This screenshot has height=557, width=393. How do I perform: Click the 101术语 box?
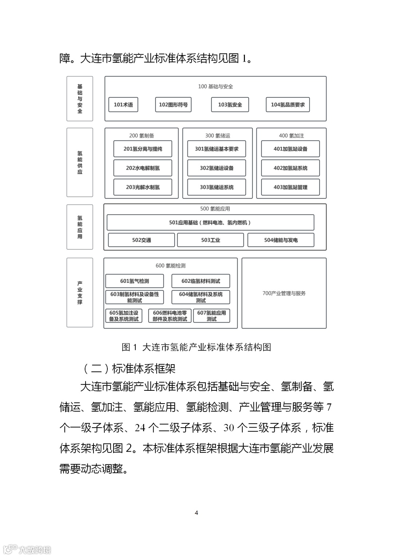pos(123,105)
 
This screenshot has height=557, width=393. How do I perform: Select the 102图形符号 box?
pos(173,105)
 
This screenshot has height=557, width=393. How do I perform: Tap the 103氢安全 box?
pos(230,105)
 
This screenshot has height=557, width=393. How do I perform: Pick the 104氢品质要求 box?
pos(287,105)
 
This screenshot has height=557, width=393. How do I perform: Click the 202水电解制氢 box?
pos(143,168)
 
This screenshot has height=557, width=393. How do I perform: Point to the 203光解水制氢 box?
pos(143,187)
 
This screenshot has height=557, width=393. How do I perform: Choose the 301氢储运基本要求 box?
pos(217,149)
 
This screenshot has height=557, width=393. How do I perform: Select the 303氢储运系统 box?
pos(217,187)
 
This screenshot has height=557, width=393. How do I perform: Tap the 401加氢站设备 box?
pos(290,149)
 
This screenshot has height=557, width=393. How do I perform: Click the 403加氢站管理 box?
pos(290,187)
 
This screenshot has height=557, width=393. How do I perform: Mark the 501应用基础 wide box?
pos(210,222)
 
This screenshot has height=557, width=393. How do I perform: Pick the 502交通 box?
pos(142,240)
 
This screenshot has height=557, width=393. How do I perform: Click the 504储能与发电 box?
pos(281,240)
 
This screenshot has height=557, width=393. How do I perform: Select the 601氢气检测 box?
pos(135,281)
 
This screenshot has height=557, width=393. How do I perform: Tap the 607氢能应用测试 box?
pos(211,316)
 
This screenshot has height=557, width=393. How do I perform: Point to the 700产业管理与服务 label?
pos(284,293)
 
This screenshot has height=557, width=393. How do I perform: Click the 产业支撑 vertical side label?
pos(80,292)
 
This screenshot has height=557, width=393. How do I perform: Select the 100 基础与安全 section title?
pos(215,86)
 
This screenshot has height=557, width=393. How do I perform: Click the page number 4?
pos(196,513)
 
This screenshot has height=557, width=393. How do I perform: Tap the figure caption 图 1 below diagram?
pos(196,347)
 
